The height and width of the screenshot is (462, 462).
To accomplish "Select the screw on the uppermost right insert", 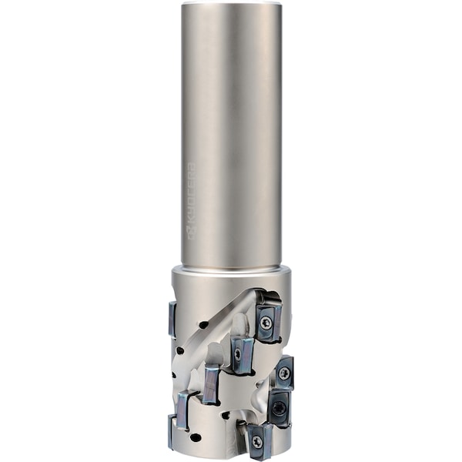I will click(x=266, y=324).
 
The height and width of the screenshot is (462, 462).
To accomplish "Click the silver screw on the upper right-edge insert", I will click(x=284, y=373).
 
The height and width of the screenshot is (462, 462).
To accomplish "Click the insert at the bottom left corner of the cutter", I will click(x=172, y=429).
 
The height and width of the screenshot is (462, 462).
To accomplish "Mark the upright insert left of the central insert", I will click(x=209, y=383).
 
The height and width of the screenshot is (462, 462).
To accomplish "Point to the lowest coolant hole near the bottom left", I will click(x=196, y=437).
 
